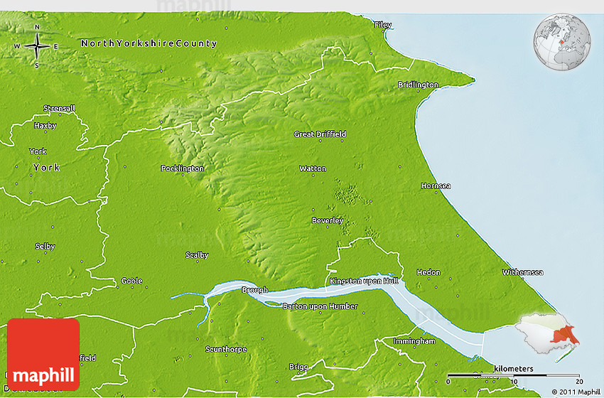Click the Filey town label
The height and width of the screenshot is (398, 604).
click(x=383, y=25)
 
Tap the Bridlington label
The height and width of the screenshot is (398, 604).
click(x=418, y=85)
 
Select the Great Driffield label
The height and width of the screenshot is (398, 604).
click(x=320, y=134)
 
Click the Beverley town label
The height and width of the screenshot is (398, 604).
click(x=328, y=220)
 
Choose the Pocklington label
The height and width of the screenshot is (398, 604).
click(x=183, y=168)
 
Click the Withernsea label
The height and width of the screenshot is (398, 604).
click(x=522, y=272)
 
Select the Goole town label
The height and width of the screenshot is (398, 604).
click(x=131, y=281)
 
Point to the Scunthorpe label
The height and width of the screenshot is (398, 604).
click(x=225, y=349)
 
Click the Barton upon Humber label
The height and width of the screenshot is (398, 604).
click(x=320, y=306)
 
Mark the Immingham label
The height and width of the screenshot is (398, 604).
click(x=414, y=341)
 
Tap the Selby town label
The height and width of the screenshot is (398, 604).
click(x=45, y=246)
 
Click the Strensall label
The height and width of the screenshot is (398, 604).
click(x=58, y=108)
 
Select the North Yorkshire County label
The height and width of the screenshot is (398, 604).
click(x=149, y=43)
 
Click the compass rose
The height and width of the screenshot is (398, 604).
click(x=37, y=47)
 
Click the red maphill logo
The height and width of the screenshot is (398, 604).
click(x=43, y=354)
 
